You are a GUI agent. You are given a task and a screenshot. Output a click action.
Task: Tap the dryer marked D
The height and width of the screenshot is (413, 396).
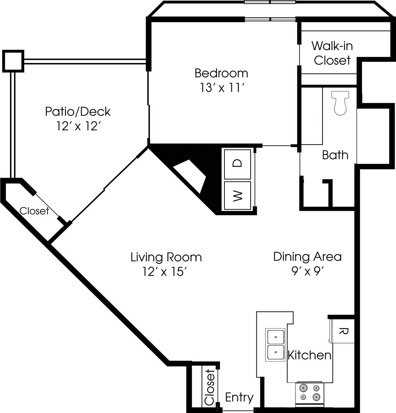point(237,164)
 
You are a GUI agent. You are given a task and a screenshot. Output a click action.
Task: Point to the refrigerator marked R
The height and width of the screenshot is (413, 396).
point(343,331)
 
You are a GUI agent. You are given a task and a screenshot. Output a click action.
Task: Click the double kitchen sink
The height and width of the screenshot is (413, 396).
point(275,345)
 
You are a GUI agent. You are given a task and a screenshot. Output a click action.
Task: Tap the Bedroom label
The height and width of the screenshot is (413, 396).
point(221,73)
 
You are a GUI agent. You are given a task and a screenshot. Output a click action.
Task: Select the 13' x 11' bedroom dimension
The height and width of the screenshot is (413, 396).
point(221,87)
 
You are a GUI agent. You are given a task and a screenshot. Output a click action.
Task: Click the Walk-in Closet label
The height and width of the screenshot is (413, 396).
point(332,53)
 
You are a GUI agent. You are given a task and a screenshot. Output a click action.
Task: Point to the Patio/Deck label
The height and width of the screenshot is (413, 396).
point(78,112)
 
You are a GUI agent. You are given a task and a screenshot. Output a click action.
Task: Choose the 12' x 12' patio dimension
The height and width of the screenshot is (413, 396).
point(77,126)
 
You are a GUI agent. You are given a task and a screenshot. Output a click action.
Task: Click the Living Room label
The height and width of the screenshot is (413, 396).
point(166,257)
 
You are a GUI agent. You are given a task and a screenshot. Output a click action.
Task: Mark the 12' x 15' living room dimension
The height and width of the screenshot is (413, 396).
point(165,272)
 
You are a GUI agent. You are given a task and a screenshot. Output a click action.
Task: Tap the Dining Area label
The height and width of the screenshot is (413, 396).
point(307,257)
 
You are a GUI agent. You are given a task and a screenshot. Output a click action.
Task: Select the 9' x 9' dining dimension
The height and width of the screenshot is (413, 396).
point(307,271)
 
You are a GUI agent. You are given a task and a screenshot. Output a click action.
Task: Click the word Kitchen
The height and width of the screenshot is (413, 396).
point(309,355)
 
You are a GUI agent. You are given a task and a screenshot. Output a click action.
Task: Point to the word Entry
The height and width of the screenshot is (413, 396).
point(239,397)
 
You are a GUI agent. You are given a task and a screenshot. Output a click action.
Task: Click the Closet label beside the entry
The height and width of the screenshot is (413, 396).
point(210,387)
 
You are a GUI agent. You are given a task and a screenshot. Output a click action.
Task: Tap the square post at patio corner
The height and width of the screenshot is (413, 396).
point(13,61)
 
